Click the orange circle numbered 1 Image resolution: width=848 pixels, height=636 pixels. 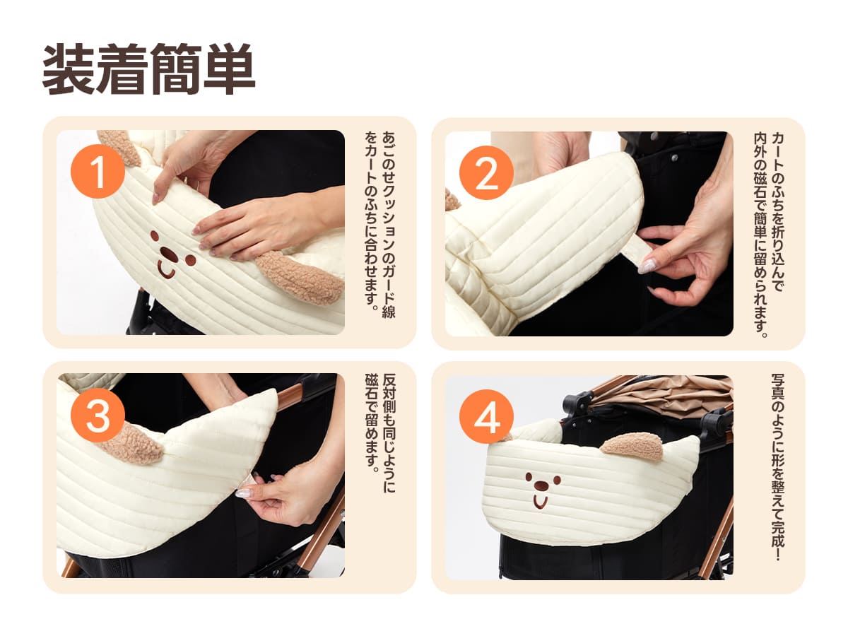click(98, 172)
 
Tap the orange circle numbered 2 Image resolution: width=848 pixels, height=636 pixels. click(486, 172)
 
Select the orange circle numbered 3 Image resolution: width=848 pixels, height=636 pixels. click(98, 415)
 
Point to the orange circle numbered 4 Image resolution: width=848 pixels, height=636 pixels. click(486, 416)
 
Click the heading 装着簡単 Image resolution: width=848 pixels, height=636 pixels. click(148, 69)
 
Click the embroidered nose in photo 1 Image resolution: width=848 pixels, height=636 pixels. click(169, 254)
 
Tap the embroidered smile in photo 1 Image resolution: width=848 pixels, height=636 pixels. click(166, 270)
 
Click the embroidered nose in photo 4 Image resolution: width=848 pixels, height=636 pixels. click(541, 484)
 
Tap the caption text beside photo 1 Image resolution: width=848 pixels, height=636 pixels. click(380, 224)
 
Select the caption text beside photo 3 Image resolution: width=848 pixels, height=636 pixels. click(380, 433)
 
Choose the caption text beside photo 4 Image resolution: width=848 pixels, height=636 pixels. click(777, 467)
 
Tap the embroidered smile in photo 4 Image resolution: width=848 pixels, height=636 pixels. click(540, 500)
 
